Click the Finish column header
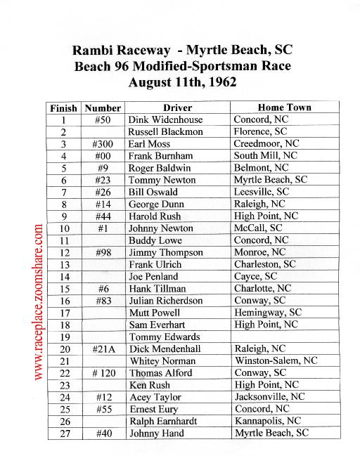pyautogui.click(x=65, y=108)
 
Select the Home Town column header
pyautogui.click(x=284, y=108)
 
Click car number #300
pyautogui.click(x=103, y=144)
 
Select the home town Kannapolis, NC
pyautogui.click(x=267, y=422)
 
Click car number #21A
pyautogui.click(x=103, y=349)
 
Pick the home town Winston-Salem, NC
pyautogui.click(x=276, y=361)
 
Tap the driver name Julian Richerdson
pyautogui.click(x=165, y=301)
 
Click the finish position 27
pyautogui.click(x=64, y=434)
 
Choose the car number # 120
pyautogui.click(x=103, y=373)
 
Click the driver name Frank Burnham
pyautogui.click(x=159, y=156)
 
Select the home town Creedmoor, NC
pyautogui.click(x=265, y=144)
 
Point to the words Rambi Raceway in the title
pyautogui.click(x=121, y=50)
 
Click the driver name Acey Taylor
pyautogui.click(x=155, y=397)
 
